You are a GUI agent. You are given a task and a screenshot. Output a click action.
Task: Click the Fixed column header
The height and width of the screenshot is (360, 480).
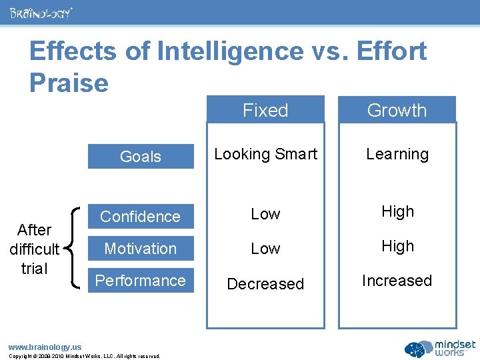pos(265,110)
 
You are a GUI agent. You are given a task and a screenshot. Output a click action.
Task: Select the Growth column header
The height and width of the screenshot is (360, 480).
pos(397,110)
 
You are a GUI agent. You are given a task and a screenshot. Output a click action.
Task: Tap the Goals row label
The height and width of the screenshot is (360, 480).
pos(141,157)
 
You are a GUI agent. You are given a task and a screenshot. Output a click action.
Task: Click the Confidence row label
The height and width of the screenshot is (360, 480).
pos(141,217)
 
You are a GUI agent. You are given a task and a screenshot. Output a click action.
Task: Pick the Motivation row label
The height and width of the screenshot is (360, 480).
pos(141,249)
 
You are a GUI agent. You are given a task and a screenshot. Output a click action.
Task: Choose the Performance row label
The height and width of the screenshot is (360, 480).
pos(141,281)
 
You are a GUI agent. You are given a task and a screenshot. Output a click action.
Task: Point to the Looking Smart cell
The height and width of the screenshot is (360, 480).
pos(265,154)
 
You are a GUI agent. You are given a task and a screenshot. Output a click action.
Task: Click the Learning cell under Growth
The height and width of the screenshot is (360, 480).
pos(397,154)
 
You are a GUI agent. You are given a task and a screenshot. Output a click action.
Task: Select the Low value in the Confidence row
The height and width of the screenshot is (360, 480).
pos(265,214)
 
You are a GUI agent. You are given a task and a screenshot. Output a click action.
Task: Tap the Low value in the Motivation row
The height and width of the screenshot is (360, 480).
pos(265,249)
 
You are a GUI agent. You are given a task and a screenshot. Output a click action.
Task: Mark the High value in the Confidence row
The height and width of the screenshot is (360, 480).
pos(397,211)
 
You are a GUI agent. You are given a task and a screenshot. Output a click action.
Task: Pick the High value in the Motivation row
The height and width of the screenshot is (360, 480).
pos(397,246)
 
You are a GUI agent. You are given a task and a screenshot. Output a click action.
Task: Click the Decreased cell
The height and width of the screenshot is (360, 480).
pos(265,283)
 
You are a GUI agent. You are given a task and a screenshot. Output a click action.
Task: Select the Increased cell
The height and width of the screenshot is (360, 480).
pos(397,281)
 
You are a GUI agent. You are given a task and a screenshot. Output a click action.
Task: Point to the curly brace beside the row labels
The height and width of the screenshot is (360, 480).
pos(75,248)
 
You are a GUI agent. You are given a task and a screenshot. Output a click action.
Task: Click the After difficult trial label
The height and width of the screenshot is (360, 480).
pos(35,249)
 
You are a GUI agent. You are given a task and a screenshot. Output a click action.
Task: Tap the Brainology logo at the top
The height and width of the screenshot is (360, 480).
pos(41,13)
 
